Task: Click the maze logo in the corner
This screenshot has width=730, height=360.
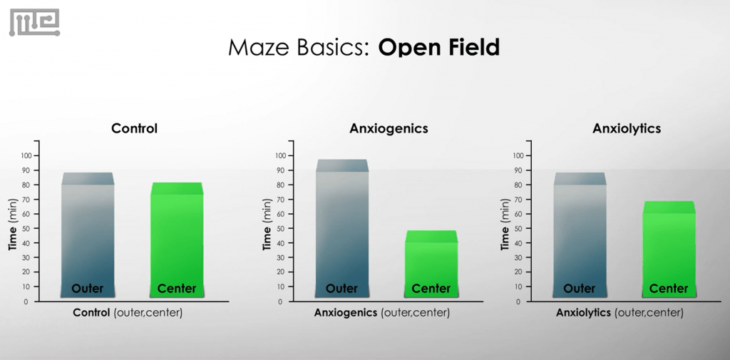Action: pyautogui.click(x=34, y=22)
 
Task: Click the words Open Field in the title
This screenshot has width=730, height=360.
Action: pyautogui.click(x=438, y=48)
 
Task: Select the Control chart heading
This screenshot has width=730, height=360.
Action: pyautogui.click(x=134, y=129)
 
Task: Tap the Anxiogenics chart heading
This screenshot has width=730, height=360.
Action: pyautogui.click(x=389, y=129)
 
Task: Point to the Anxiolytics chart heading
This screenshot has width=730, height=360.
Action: pyautogui.click(x=627, y=129)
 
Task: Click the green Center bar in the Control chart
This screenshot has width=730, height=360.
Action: pyautogui.click(x=176, y=239)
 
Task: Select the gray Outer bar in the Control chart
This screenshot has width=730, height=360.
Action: pyautogui.click(x=87, y=235)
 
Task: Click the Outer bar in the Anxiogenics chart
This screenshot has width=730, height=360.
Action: pyautogui.click(x=341, y=228)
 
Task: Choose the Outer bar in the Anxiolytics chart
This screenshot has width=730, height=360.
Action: pyautogui.click(x=579, y=235)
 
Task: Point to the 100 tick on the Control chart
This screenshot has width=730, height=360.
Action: pyautogui.click(x=26, y=155)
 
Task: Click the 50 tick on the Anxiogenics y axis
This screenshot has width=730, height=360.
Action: pyautogui.click(x=282, y=228)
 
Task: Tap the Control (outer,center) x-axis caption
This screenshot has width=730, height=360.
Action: pyautogui.click(x=128, y=313)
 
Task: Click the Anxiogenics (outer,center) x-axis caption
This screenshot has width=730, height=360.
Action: pyautogui.click(x=382, y=313)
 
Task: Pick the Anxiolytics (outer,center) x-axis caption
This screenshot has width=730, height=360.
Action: pyautogui.click(x=620, y=313)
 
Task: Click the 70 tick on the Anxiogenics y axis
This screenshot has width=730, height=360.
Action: pyautogui.click(x=282, y=199)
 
